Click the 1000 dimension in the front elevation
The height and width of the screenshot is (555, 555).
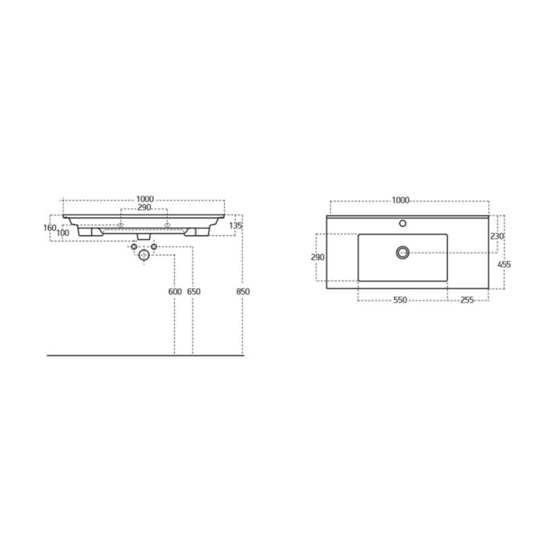pyautogui.click(x=145, y=199)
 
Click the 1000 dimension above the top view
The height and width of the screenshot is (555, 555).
pyautogui.click(x=401, y=200)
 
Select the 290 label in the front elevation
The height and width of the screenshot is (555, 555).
pyautogui.click(x=144, y=207)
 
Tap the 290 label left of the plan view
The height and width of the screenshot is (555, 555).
pyautogui.click(x=318, y=257)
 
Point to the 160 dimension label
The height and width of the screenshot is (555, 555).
pyautogui.click(x=50, y=228)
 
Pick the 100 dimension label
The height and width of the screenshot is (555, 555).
pyautogui.click(x=62, y=233)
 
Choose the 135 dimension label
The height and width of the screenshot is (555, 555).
pyautogui.click(x=236, y=225)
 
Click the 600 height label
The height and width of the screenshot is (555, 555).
pyautogui.click(x=175, y=291)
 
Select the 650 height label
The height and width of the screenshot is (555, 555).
pyautogui.click(x=194, y=291)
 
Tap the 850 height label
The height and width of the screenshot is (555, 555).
pyautogui.click(x=244, y=291)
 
